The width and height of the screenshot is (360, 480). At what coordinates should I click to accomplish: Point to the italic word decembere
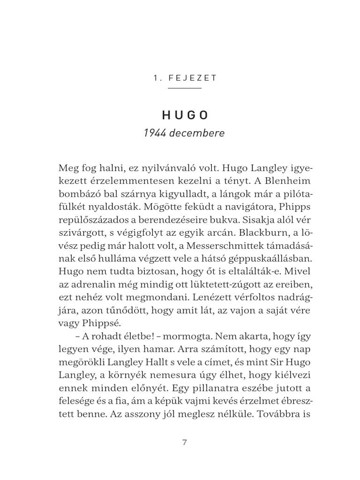[x=198, y=133]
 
